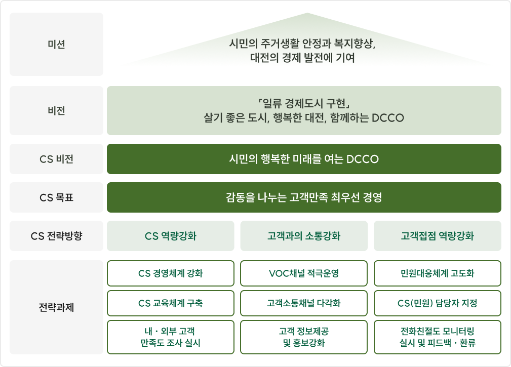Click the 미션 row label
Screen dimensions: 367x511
[x=56, y=45]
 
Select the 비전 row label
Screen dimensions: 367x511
[x=56, y=111]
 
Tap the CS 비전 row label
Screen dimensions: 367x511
[x=56, y=159]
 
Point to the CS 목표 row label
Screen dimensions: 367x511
[x=56, y=197]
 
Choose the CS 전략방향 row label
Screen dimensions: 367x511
[x=56, y=236]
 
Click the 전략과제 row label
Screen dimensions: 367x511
[x=56, y=307]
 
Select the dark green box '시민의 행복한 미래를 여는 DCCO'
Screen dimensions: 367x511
[x=304, y=159]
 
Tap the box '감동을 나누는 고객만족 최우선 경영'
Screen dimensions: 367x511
[x=304, y=197]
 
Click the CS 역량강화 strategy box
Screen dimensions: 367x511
[x=170, y=236]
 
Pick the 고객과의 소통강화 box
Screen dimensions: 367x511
[x=304, y=236]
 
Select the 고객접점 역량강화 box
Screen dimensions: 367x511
[x=438, y=236]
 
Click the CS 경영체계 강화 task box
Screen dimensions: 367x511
[x=170, y=273]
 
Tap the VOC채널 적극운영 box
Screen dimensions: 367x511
[x=304, y=273]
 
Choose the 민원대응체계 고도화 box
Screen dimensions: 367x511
[x=438, y=273]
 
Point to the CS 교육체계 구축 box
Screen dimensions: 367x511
[x=170, y=303]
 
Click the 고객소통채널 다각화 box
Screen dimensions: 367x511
[x=304, y=303]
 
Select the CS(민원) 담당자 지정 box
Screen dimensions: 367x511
[x=438, y=303]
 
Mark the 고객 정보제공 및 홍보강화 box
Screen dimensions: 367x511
[x=304, y=337]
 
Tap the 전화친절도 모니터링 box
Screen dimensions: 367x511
[x=438, y=337]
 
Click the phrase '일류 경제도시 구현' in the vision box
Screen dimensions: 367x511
[x=304, y=104]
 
